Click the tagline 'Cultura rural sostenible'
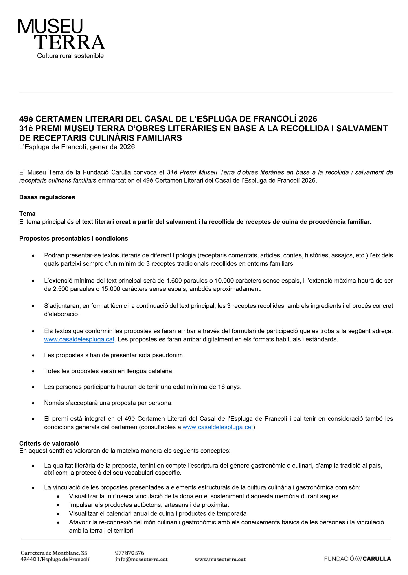(x=70, y=56)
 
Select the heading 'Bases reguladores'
(x=47, y=197)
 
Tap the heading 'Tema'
(x=27, y=214)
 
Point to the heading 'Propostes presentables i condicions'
(x=74, y=239)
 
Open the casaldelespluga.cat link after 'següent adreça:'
(x=79, y=339)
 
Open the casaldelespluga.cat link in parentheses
(x=217, y=427)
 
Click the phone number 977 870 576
(x=130, y=553)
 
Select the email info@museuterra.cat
(x=141, y=560)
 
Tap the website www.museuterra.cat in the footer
(x=220, y=560)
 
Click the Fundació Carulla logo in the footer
(x=357, y=559)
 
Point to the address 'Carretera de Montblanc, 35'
(x=54, y=553)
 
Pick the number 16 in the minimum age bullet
(x=221, y=387)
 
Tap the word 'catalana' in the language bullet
(x=162, y=371)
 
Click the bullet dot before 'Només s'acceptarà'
(x=33, y=403)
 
